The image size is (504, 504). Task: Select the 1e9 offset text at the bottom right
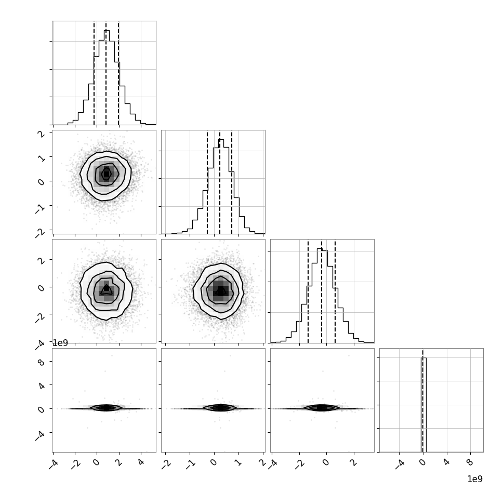[x=475, y=479]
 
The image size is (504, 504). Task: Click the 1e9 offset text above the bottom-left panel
[x=60, y=343]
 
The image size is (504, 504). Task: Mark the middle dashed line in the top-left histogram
[x=106, y=73]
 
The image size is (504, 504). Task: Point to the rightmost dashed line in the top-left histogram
[x=118, y=73]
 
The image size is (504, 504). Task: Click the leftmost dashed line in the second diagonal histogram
[x=207, y=182]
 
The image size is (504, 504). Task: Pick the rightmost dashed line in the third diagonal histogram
[x=335, y=291]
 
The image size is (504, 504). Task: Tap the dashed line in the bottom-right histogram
[x=422, y=401]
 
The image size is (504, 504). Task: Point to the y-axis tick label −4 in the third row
[x=40, y=344]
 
